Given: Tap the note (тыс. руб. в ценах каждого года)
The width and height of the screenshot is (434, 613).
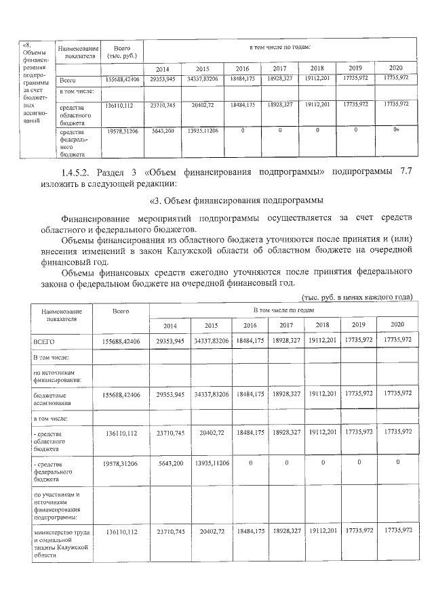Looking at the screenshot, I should pyautogui.click(x=356, y=297).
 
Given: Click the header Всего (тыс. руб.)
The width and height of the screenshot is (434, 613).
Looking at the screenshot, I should pyautogui.click(x=122, y=51).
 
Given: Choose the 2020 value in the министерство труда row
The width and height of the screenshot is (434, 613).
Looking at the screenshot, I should pyautogui.click(x=395, y=532).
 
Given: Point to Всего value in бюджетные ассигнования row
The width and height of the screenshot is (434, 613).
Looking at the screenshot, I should pyautogui.click(x=121, y=394).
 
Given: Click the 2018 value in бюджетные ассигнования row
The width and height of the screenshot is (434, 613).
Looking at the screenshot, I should pyautogui.click(x=322, y=394).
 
